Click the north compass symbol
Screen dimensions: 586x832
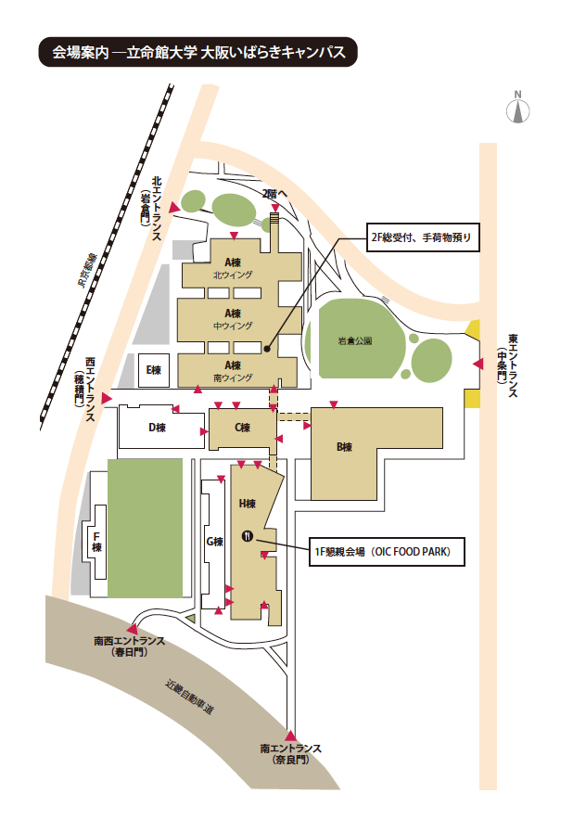click(517, 108)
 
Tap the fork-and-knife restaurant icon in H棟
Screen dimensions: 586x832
click(248, 535)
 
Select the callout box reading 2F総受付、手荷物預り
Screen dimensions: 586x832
click(423, 237)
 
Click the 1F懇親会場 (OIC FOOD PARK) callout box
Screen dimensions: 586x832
click(387, 552)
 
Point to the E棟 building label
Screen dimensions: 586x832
click(154, 369)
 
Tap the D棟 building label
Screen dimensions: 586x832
click(157, 428)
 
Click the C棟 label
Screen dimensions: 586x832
click(242, 428)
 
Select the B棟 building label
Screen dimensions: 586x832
click(344, 447)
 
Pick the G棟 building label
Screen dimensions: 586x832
click(214, 542)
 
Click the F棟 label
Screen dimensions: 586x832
click(96, 542)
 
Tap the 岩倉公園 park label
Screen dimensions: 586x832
click(355, 340)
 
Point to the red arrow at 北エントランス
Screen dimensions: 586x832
click(174, 208)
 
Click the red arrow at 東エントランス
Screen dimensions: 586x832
click(478, 364)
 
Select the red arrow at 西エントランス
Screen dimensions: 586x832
click(108, 398)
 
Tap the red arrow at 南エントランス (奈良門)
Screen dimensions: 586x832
click(290, 736)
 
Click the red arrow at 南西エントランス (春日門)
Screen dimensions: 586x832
click(132, 629)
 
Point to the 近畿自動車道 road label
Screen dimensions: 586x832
click(190, 697)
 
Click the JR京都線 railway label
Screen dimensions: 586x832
click(87, 270)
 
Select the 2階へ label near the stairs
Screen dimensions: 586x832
click(274, 194)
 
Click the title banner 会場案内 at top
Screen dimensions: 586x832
click(198, 52)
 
